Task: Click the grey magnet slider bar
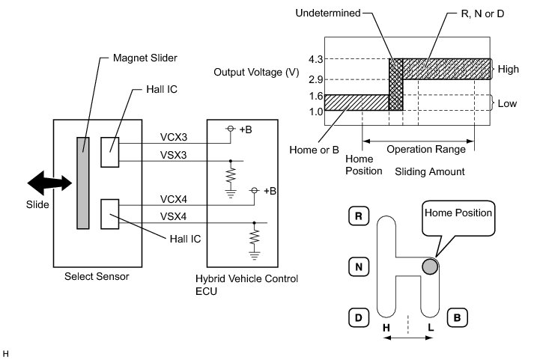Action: click(83, 183)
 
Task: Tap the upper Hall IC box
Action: click(110, 152)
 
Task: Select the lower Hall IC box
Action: click(110, 214)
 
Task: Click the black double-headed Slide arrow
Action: click(49, 183)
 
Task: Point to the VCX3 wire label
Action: click(174, 137)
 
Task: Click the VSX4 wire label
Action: click(173, 216)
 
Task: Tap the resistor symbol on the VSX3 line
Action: click(231, 176)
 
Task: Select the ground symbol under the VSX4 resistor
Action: click(254, 255)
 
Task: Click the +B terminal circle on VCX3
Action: click(231, 129)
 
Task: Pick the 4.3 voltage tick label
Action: click(316, 60)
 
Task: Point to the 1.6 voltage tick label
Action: click(316, 96)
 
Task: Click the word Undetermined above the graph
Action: click(328, 13)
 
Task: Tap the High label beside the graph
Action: click(508, 69)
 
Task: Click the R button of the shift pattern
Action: click(359, 216)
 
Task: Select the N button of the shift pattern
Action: click(359, 266)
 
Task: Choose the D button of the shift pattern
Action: click(359, 318)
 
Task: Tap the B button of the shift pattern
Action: click(457, 318)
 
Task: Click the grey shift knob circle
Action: click(430, 266)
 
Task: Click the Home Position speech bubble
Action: click(458, 219)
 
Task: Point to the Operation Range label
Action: click(426, 150)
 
